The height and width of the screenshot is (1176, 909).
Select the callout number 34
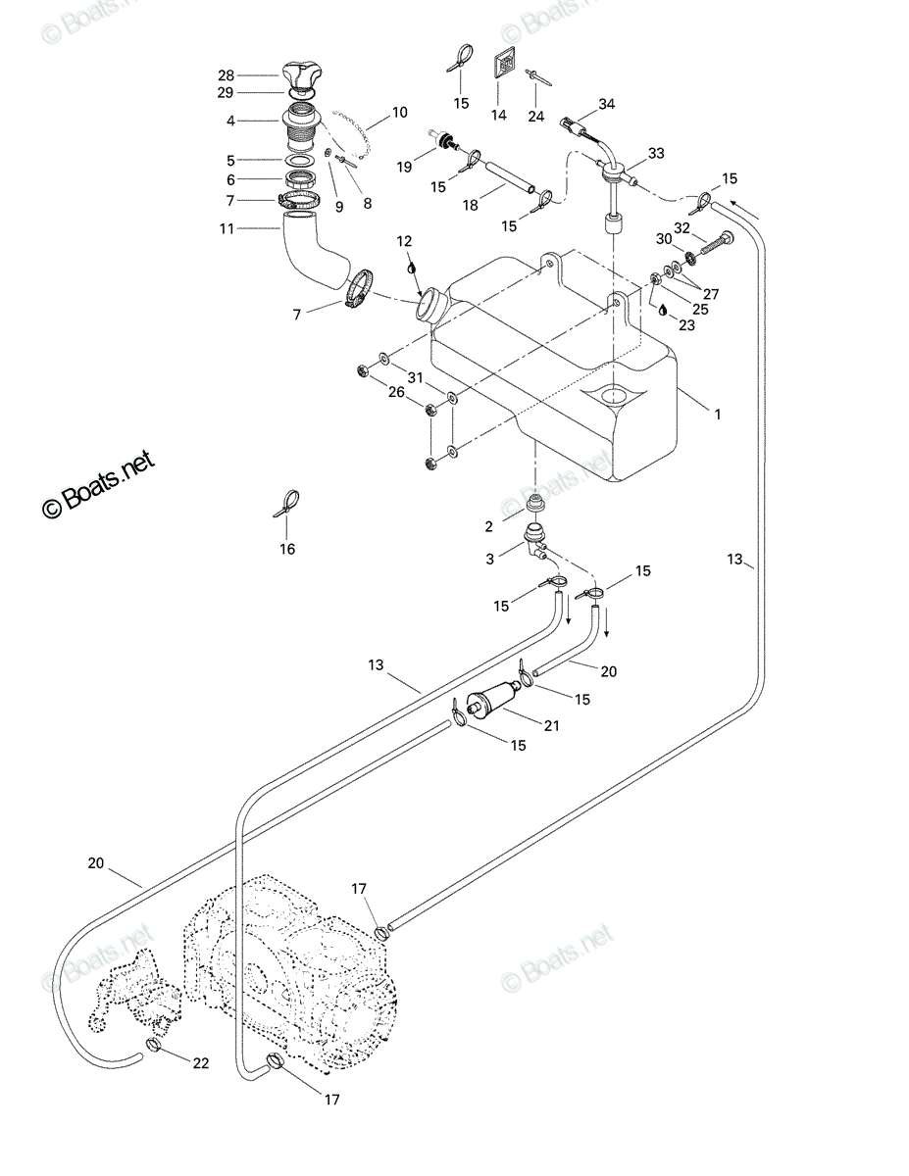pos(606,104)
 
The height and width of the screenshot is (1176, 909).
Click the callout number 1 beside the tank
pos(718,415)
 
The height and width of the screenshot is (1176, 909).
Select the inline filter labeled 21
pos(493,697)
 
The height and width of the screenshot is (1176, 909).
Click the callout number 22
pos(201,1063)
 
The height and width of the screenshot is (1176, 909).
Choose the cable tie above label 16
pos(287,504)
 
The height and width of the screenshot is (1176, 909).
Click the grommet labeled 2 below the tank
pos(534,502)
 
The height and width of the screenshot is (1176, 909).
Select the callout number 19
pos(404,168)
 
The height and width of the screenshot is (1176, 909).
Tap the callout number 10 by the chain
pos(399,113)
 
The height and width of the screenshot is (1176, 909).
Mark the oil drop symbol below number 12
pos(412,268)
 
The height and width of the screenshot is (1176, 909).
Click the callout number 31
pos(415,377)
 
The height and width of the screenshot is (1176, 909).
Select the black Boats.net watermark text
pos(98,484)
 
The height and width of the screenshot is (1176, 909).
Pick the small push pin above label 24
pos(537,76)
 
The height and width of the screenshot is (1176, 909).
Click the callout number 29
pos(226,92)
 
